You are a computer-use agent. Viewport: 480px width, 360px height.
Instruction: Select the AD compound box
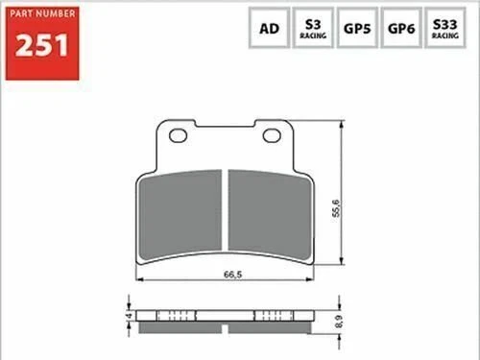point(270,29)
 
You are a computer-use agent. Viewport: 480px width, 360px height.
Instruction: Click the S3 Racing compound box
point(313,29)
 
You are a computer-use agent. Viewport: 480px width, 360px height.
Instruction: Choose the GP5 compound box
point(357,29)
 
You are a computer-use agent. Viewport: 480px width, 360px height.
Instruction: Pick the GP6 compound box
point(400,29)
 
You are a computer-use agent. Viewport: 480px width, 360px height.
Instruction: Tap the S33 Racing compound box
point(444,29)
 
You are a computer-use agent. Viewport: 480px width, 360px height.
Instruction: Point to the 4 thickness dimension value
point(128,314)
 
